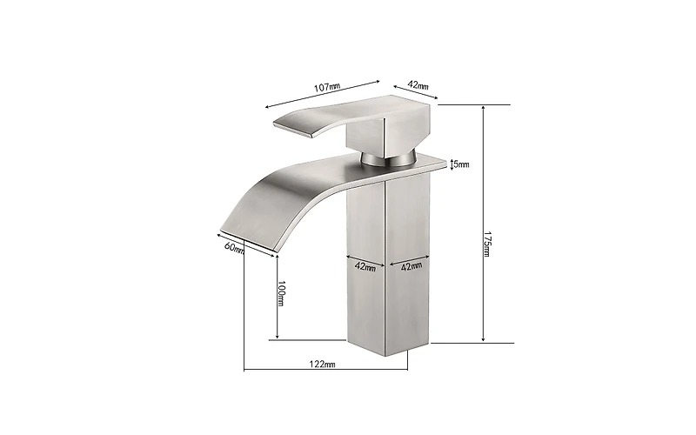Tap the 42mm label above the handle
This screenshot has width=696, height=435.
coord(418,85)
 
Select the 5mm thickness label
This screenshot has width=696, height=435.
coord(461,164)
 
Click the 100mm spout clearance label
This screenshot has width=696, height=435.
coord(280,293)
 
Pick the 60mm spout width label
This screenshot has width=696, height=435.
coord(233,247)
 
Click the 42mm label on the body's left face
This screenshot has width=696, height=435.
coord(365,266)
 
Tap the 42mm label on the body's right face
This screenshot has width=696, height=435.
coord(410,266)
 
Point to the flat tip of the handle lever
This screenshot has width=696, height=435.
coord(291,128)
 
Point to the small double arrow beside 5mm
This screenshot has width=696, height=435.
coord(452,164)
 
